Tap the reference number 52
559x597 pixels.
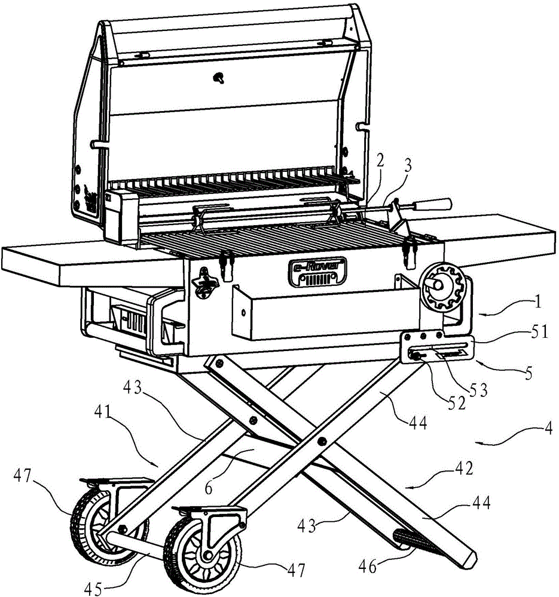456,403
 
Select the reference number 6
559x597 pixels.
208,488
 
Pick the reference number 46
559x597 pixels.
368,567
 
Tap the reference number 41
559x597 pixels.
103,413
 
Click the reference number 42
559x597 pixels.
464,468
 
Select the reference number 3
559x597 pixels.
408,167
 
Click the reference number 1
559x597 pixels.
538,302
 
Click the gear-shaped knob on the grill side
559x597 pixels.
441,287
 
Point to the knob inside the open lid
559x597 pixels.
219,78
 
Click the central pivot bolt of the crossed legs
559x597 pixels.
322,442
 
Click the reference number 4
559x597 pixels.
548,429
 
